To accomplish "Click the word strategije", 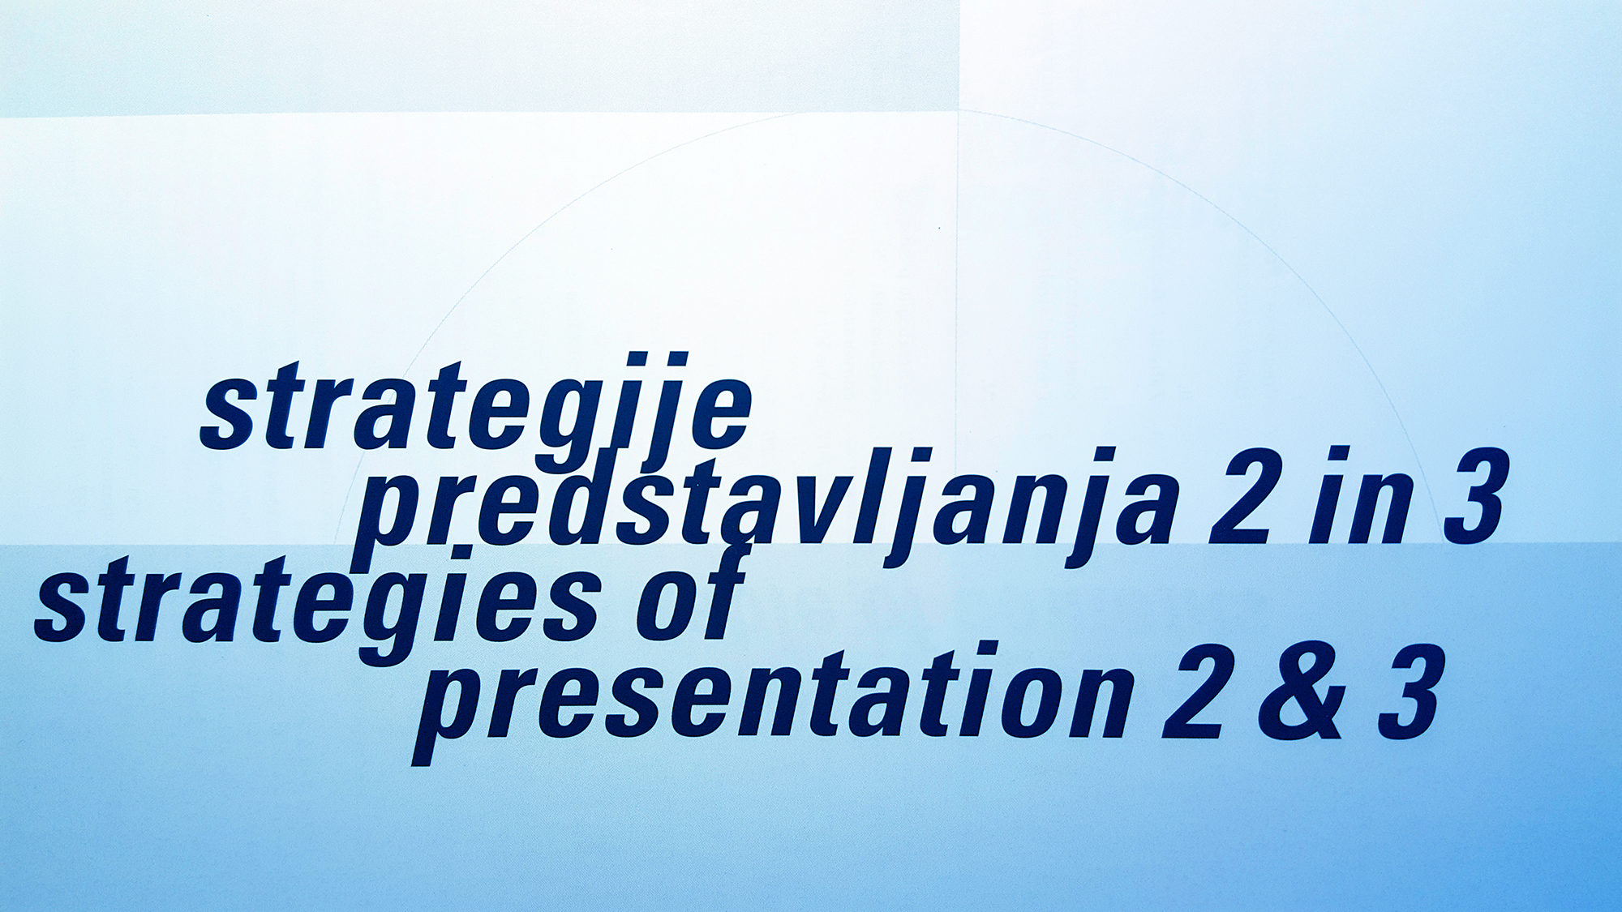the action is [x=477, y=409].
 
